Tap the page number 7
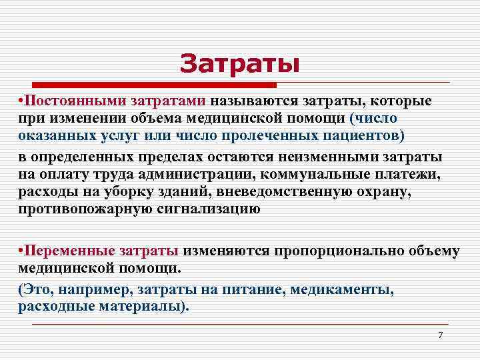440,335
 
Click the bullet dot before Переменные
21,251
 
